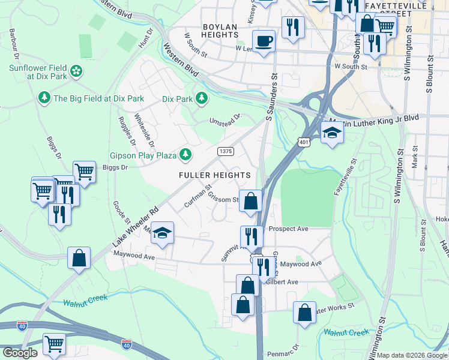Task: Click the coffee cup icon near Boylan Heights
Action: pyautogui.click(x=263, y=41)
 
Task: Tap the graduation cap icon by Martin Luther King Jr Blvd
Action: pyautogui.click(x=331, y=133)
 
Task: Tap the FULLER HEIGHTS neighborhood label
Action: pyautogui.click(x=214, y=175)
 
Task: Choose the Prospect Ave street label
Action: pyautogui.click(x=288, y=229)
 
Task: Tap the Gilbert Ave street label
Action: pyautogui.click(x=283, y=281)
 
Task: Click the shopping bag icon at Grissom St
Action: pyautogui.click(x=251, y=201)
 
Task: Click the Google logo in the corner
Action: pyautogui.click(x=20, y=353)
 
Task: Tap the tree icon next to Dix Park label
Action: pyautogui.click(x=202, y=98)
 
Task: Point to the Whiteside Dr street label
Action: pyautogui.click(x=144, y=131)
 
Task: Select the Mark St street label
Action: pyautogui.click(x=415, y=159)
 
